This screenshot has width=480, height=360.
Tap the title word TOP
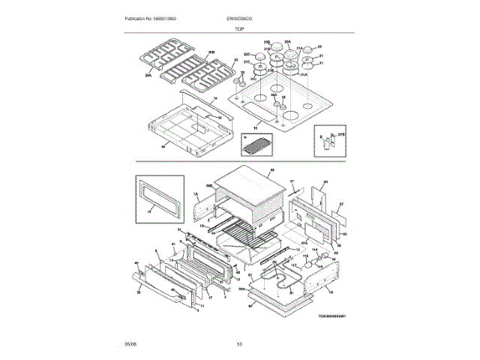pyautogui.click(x=239, y=28)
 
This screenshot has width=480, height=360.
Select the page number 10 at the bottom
pyautogui.click(x=239, y=344)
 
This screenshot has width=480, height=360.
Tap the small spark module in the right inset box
pyautogui.click(x=325, y=140)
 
